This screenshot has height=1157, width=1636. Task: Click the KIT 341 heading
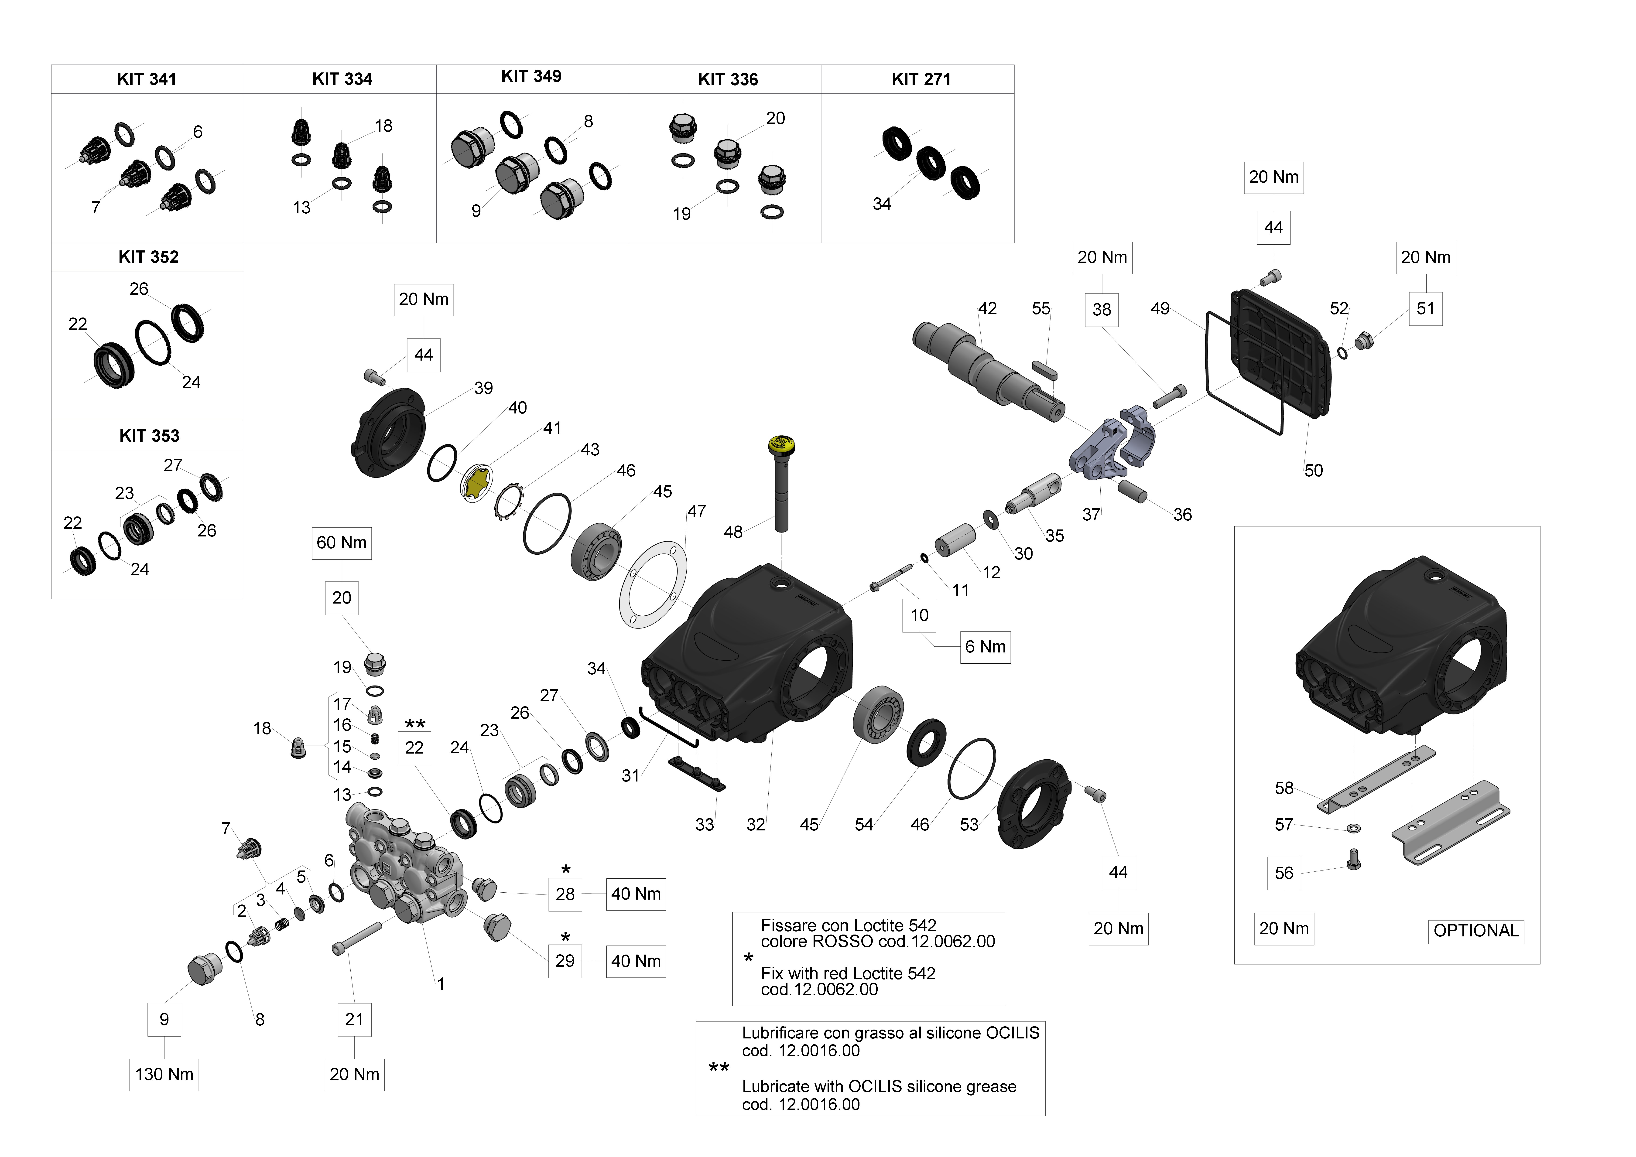(x=147, y=79)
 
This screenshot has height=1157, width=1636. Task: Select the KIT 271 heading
(x=921, y=79)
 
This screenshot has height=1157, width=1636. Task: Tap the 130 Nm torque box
(x=164, y=1074)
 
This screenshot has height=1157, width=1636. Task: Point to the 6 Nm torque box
(x=985, y=647)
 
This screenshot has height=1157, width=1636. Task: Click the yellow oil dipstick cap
(x=782, y=445)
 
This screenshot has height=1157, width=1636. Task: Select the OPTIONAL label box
(x=1476, y=930)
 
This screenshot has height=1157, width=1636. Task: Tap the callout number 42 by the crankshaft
(x=987, y=308)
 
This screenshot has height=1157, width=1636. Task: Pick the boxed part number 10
(x=919, y=615)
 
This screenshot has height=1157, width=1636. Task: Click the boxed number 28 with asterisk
(x=565, y=894)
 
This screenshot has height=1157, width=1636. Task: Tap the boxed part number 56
(x=1283, y=874)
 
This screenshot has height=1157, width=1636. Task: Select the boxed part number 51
(x=1425, y=308)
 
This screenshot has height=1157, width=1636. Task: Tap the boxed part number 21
(x=354, y=1020)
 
